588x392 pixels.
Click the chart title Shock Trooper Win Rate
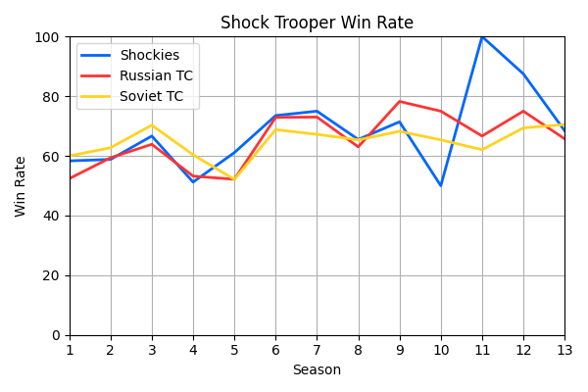[317, 23]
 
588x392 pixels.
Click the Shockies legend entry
[149, 56]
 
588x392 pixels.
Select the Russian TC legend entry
[156, 76]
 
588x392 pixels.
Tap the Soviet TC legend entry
[152, 96]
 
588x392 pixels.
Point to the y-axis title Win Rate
[21, 185]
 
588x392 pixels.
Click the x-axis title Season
[317, 370]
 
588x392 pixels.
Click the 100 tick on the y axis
[47, 37]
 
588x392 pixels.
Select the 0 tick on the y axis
[55, 335]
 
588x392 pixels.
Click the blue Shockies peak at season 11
[482, 37]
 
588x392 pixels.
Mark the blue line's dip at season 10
[441, 185]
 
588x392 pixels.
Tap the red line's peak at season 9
[400, 102]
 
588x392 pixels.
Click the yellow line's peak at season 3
[152, 125]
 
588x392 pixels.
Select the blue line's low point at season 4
[193, 181]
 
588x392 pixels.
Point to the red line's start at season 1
[70, 178]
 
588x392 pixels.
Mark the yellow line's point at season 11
[482, 150]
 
